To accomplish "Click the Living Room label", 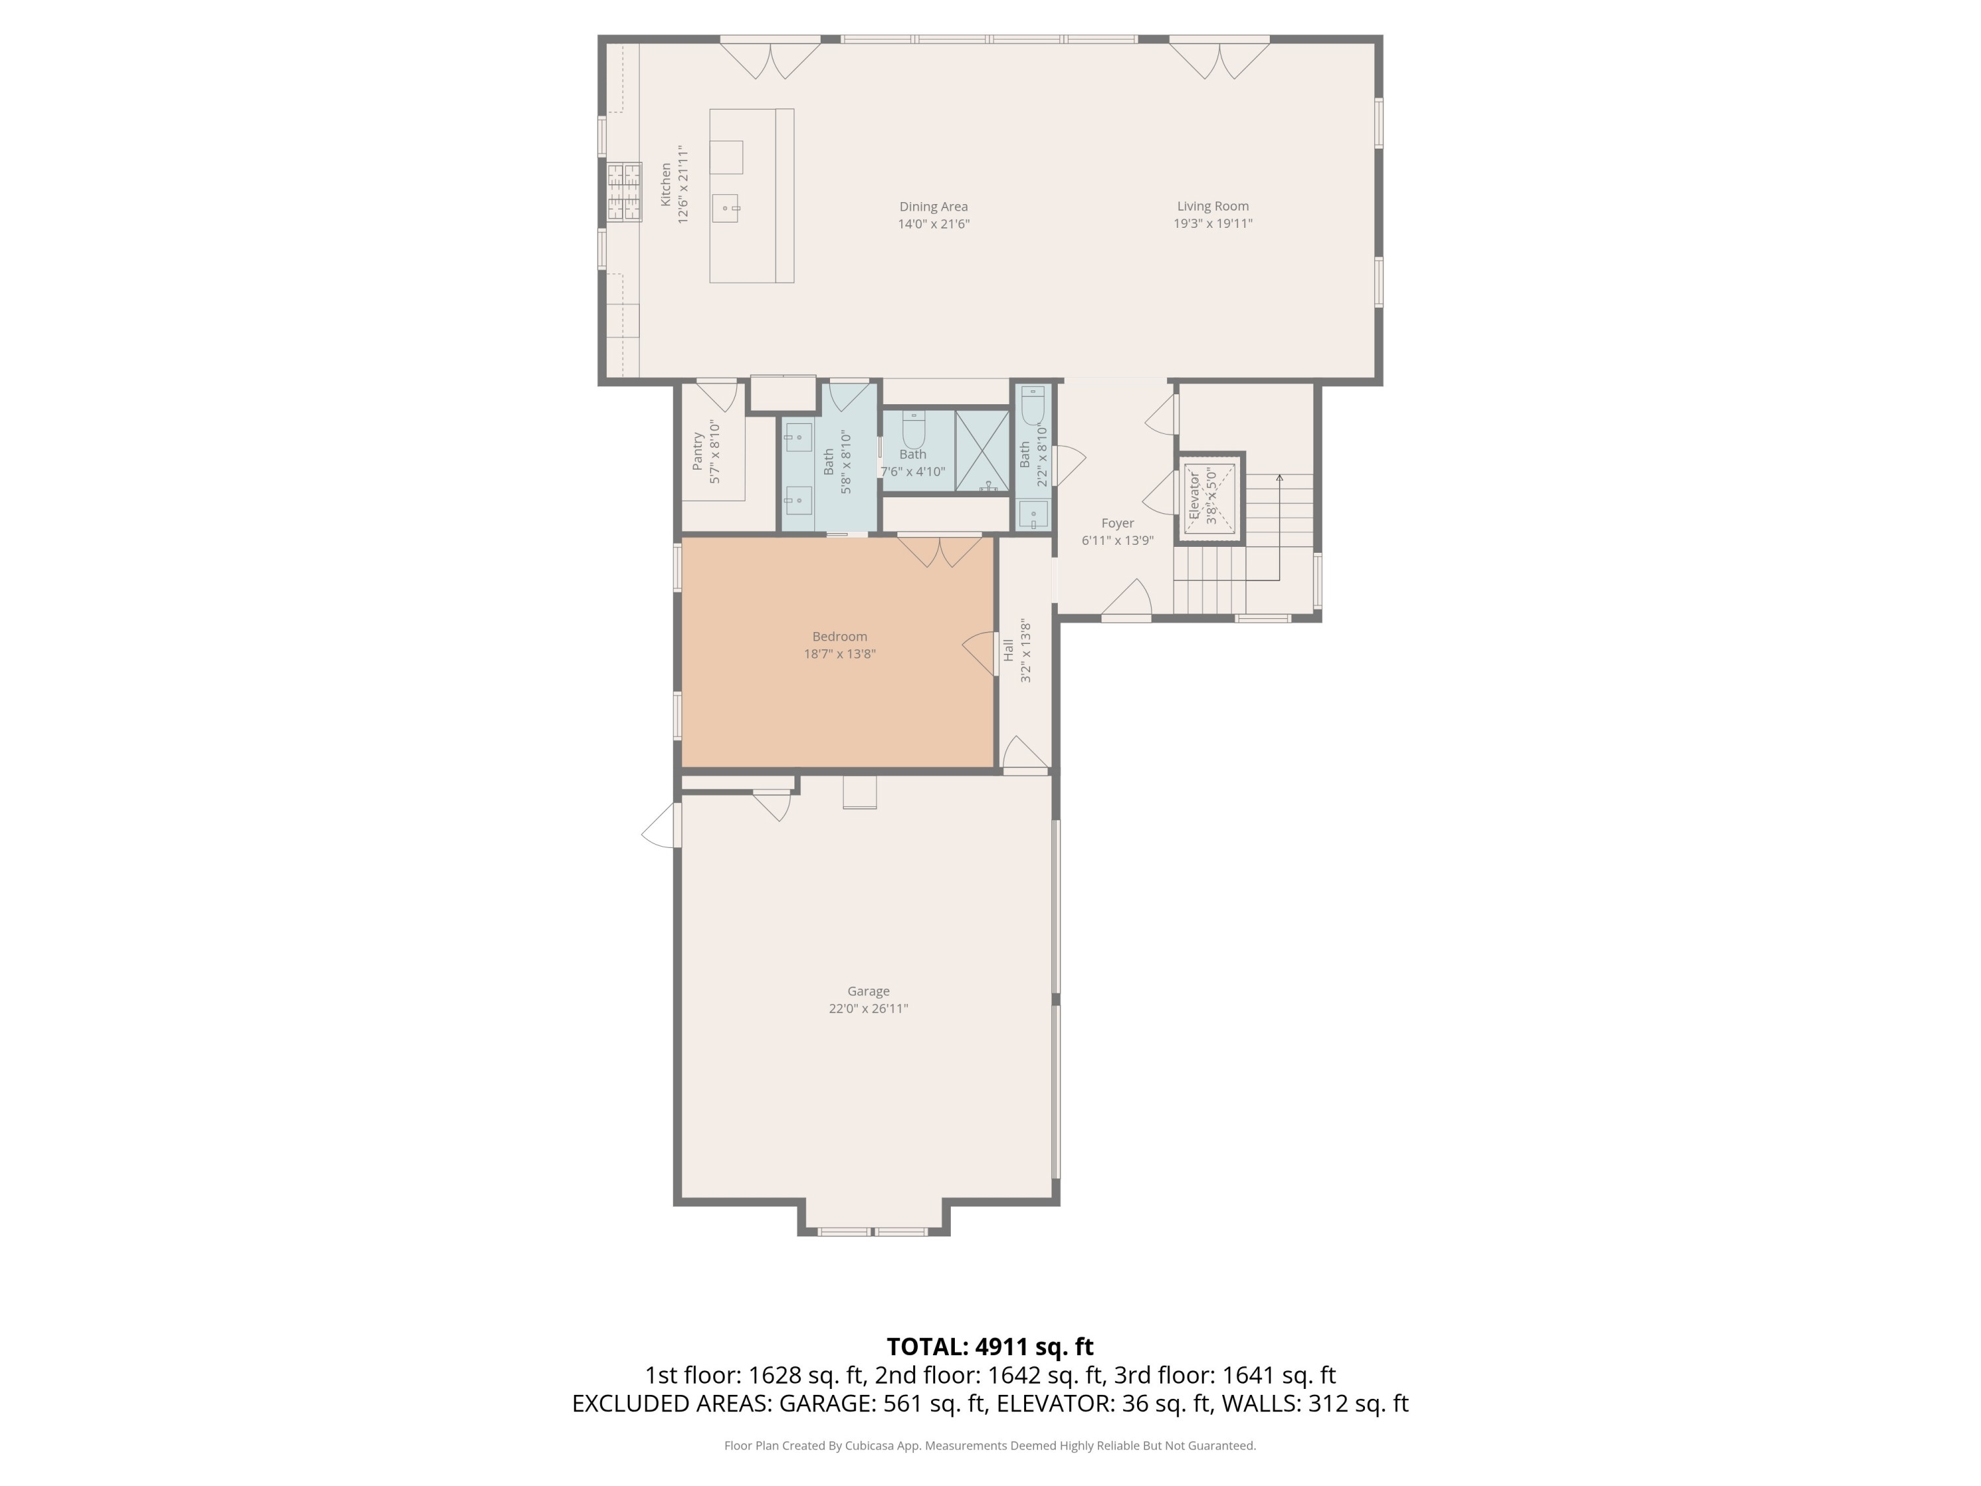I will tap(1212, 206).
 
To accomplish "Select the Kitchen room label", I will tap(666, 184).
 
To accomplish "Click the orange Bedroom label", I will tap(839, 637).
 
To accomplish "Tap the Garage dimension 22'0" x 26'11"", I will tap(868, 1008).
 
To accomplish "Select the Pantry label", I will tap(698, 452).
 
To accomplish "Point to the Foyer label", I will tap(1117, 523).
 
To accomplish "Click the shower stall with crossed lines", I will tap(981, 450).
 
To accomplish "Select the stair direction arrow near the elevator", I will tap(1280, 481).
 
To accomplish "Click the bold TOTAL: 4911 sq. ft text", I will tap(990, 1346).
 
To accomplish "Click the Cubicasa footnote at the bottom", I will tap(990, 1445).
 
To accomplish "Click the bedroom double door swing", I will tap(940, 551).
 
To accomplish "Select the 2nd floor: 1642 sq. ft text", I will tap(989, 1375).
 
